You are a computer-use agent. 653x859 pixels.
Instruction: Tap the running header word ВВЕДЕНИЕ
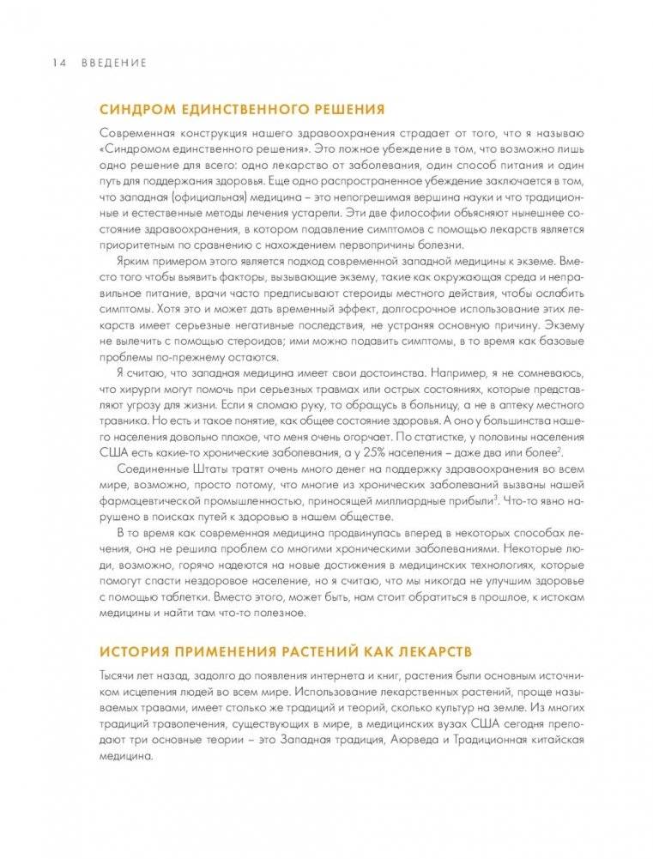coord(114,63)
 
